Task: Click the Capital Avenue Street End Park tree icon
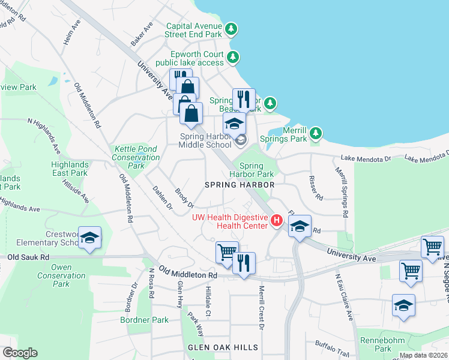click(232, 29)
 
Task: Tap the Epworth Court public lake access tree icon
click(233, 58)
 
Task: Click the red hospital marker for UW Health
click(277, 221)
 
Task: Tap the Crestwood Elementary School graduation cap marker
click(89, 238)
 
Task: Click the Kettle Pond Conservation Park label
click(136, 157)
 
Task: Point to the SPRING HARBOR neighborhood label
click(240, 185)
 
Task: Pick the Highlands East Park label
click(70, 169)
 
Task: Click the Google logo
click(20, 353)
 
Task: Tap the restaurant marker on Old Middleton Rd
click(244, 263)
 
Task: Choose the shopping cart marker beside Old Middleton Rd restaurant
click(227, 252)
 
